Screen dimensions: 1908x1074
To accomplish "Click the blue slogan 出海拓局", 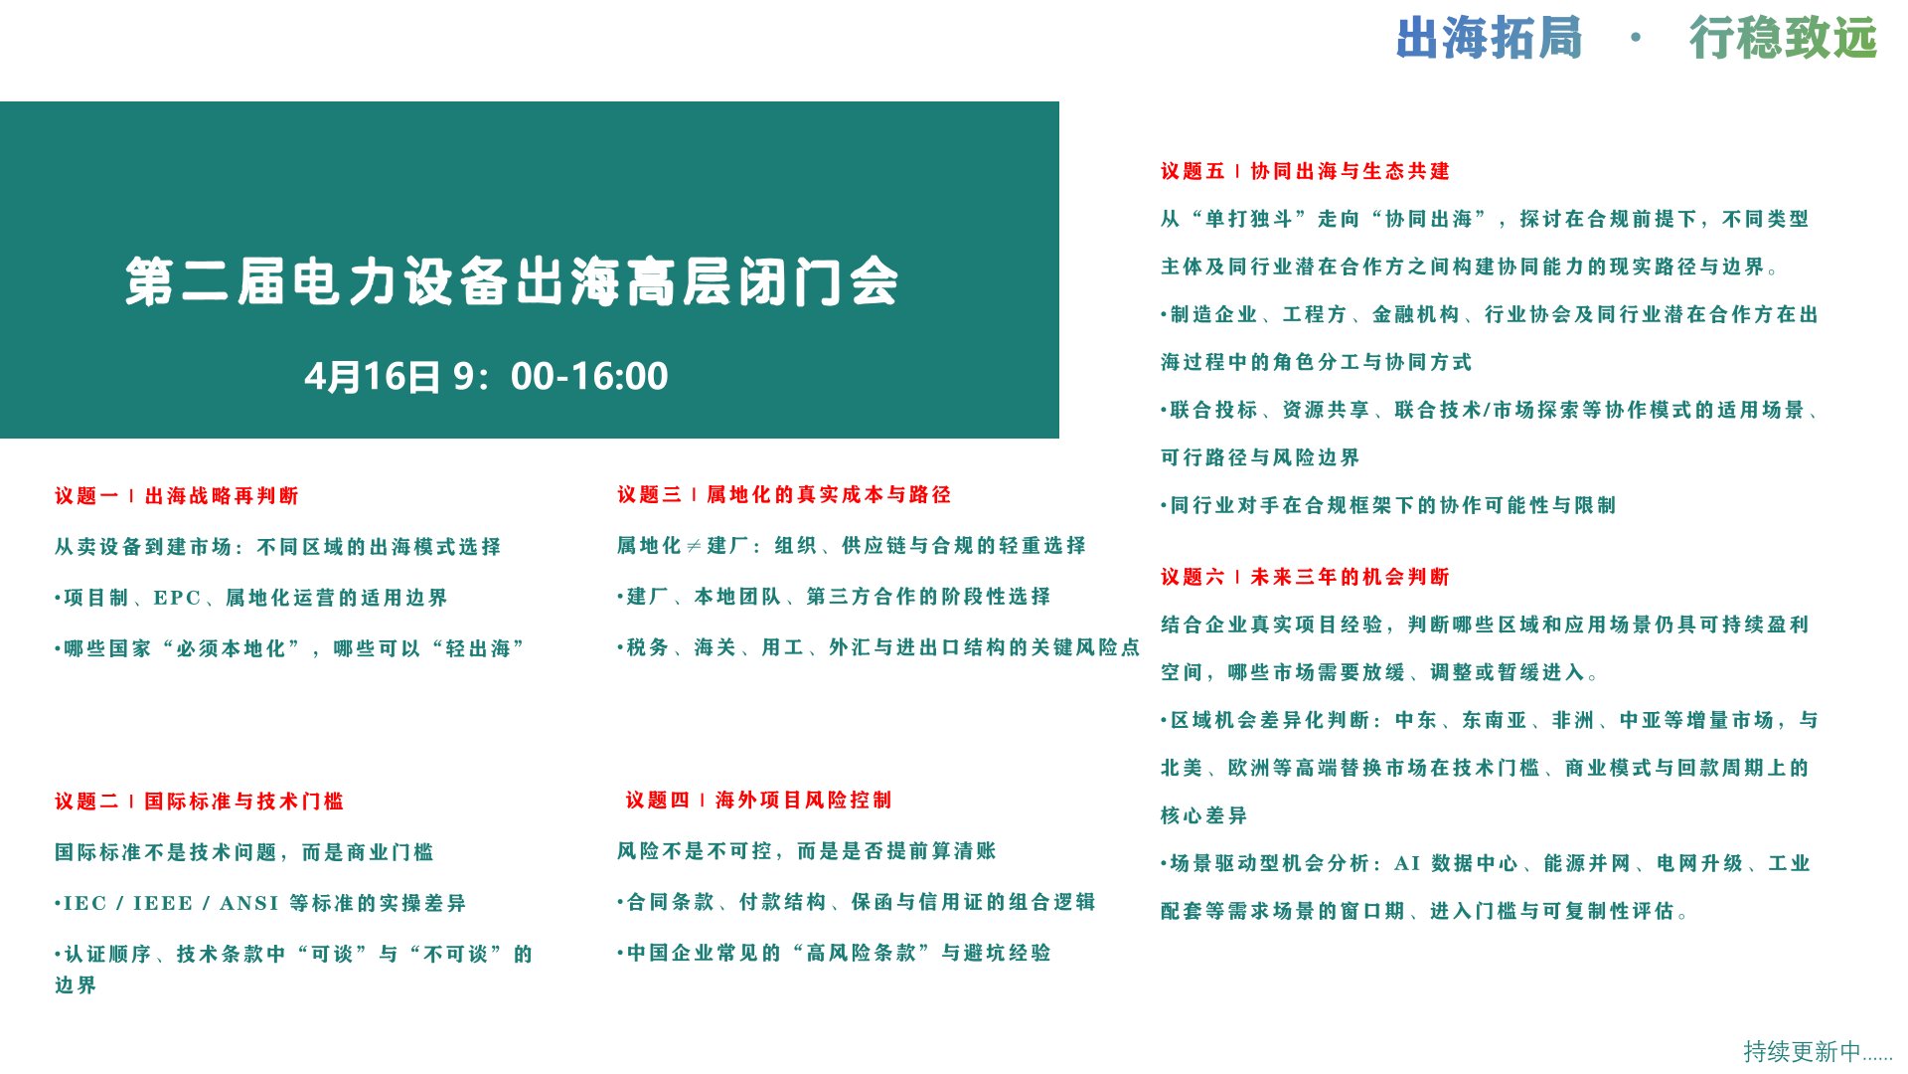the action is [1489, 39].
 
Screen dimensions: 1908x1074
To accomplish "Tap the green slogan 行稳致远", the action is [1783, 39].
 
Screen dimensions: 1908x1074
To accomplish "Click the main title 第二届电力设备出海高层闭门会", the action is [512, 281].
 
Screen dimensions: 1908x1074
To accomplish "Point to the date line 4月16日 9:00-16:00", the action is [486, 376].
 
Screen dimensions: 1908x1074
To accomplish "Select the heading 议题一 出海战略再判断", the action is [177, 495].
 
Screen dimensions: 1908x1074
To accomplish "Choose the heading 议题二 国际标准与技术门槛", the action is [199, 801].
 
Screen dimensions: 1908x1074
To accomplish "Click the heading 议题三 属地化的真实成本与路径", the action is [784, 494].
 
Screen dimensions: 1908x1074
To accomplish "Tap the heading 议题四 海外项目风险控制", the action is [758, 800].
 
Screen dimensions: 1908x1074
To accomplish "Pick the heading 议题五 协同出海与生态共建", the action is [1305, 171].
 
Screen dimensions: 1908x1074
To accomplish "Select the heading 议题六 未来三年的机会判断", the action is [1305, 577].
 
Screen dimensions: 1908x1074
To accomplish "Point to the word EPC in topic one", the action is [177, 598].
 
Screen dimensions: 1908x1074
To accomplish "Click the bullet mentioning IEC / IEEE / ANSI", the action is [260, 903].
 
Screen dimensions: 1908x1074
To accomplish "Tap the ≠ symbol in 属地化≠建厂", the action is [694, 546].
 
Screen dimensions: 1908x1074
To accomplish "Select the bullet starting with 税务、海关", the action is [878, 647].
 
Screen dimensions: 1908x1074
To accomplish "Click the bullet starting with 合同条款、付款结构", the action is [856, 902].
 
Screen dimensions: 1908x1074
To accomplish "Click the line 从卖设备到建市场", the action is [278, 547].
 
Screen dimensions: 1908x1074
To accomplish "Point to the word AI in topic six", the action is [1407, 863].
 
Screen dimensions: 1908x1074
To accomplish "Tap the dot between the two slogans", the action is [1636, 39].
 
